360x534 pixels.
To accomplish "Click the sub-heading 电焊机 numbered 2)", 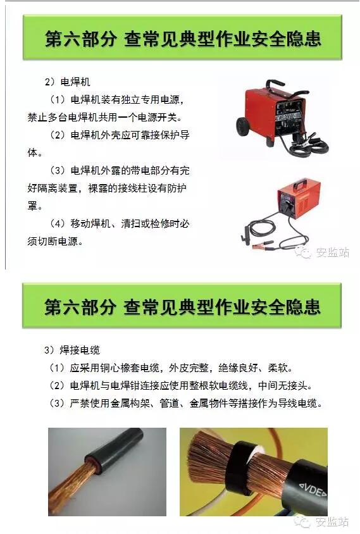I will point(75,82).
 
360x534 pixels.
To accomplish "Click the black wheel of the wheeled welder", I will point(243,127).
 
